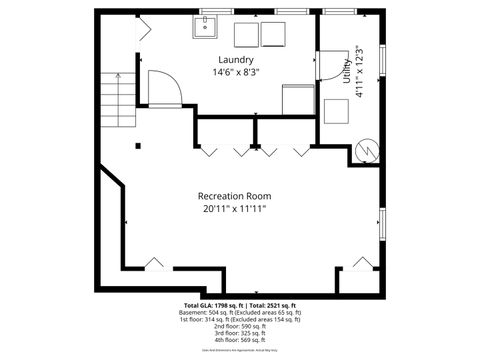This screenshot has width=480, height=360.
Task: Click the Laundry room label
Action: pos(233,59)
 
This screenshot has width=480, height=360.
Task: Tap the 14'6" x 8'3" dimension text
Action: pos(233,72)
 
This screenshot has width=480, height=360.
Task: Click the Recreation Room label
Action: pos(234,196)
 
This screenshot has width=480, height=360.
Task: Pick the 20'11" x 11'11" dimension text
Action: pos(234,209)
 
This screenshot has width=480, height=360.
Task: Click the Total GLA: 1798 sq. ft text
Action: pos(214,305)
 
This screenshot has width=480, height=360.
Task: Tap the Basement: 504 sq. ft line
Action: pos(240,313)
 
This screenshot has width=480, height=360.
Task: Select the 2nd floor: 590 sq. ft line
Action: pos(240,327)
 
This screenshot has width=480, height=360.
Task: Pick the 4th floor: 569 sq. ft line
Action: pos(240,341)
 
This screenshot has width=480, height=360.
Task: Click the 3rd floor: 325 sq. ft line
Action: pos(240,334)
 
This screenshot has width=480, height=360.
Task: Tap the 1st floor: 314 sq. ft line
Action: pos(240,320)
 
